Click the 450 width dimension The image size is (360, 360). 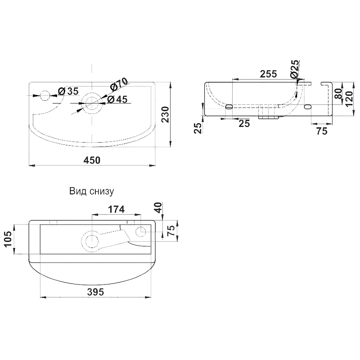pyautogui.click(x=92, y=160)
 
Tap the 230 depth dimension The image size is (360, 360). pyautogui.click(x=165, y=115)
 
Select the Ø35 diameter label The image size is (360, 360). pyautogui.click(x=68, y=91)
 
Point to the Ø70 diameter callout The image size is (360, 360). pyautogui.click(x=118, y=84)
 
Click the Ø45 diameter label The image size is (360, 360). pyautogui.click(x=117, y=99)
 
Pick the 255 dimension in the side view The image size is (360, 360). pyautogui.click(x=268, y=74)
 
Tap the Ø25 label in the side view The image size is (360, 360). pyautogui.click(x=295, y=69)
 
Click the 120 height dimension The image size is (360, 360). pyautogui.click(x=349, y=99)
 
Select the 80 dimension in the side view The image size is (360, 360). pyautogui.click(x=338, y=94)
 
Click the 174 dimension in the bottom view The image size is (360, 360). pyautogui.click(x=116, y=209)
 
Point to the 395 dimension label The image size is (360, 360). pyautogui.click(x=95, y=292)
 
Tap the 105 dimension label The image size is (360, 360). pyautogui.click(x=8, y=239)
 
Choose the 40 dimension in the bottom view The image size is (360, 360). pyautogui.click(x=158, y=207)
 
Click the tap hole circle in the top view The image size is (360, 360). pyautogui.click(x=45, y=95)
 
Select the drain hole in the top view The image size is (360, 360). pyautogui.click(x=92, y=103)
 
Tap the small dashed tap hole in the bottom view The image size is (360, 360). pyautogui.click(x=141, y=232)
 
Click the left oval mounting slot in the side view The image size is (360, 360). pyautogui.click(x=229, y=107)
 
